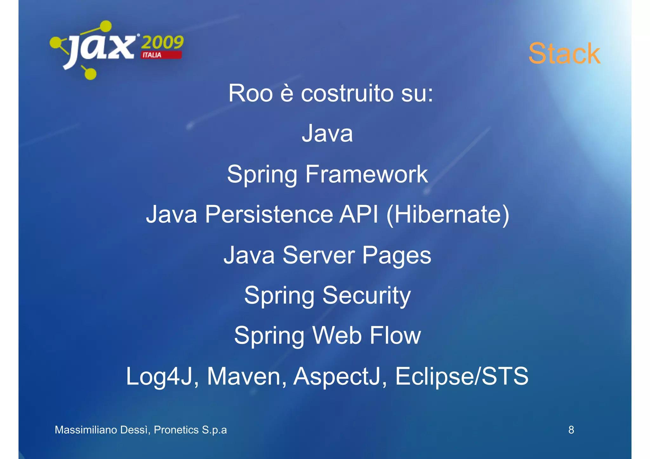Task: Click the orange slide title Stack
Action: pyautogui.click(x=564, y=54)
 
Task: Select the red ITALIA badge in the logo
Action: pyautogui.click(x=161, y=55)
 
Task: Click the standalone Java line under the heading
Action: pyautogui.click(x=327, y=133)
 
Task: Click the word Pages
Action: pyautogui.click(x=396, y=256)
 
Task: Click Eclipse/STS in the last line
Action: pyautogui.click(x=461, y=376)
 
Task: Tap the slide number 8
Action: pyautogui.click(x=571, y=430)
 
